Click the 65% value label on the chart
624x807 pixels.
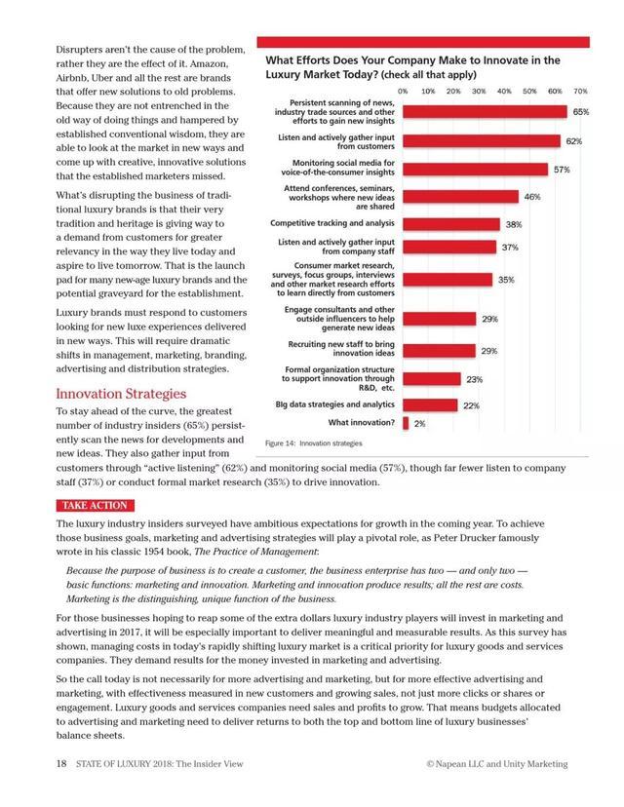tap(580, 112)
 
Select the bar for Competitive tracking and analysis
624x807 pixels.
tap(450, 224)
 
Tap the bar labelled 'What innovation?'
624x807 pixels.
tap(405, 423)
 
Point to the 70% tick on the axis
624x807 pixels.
tap(580, 90)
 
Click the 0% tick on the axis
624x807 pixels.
tap(403, 90)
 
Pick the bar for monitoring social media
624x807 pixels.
tap(475, 169)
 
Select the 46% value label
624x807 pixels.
tap(532, 197)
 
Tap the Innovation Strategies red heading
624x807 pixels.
tap(121, 394)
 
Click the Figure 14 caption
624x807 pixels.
tap(313, 443)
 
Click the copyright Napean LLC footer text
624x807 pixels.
tap(496, 764)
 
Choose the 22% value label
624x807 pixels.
tap(471, 405)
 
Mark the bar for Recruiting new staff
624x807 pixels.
tap(439, 350)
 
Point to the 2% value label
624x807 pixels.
tap(419, 424)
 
